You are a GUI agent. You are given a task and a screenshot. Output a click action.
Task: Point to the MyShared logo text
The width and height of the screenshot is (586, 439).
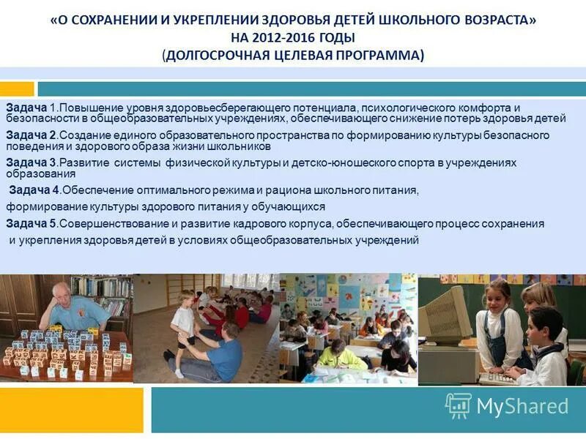click(522, 407)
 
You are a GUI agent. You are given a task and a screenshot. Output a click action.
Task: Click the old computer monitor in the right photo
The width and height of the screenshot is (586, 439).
click(445, 315)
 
